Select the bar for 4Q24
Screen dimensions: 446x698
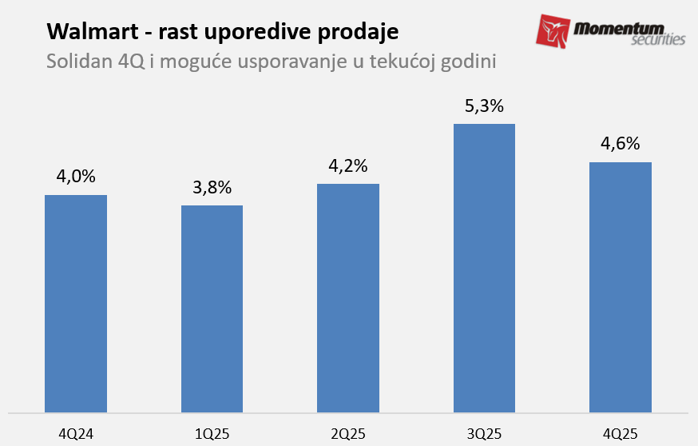point(76,304)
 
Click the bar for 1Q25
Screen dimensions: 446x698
point(212,309)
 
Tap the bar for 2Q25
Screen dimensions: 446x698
point(348,298)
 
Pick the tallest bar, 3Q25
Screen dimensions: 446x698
point(484,268)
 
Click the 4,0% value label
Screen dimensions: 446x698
point(76,177)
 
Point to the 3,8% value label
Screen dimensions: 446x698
point(212,188)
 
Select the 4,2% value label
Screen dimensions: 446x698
point(348,166)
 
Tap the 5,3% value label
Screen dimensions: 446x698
point(484,106)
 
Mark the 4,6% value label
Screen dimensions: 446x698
point(621,145)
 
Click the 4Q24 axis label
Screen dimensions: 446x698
point(76,434)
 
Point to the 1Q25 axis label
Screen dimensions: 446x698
point(212,434)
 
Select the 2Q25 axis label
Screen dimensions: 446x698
point(348,434)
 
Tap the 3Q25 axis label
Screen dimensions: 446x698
point(484,434)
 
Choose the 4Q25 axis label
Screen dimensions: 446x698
point(621,434)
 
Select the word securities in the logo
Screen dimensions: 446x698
point(656,40)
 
